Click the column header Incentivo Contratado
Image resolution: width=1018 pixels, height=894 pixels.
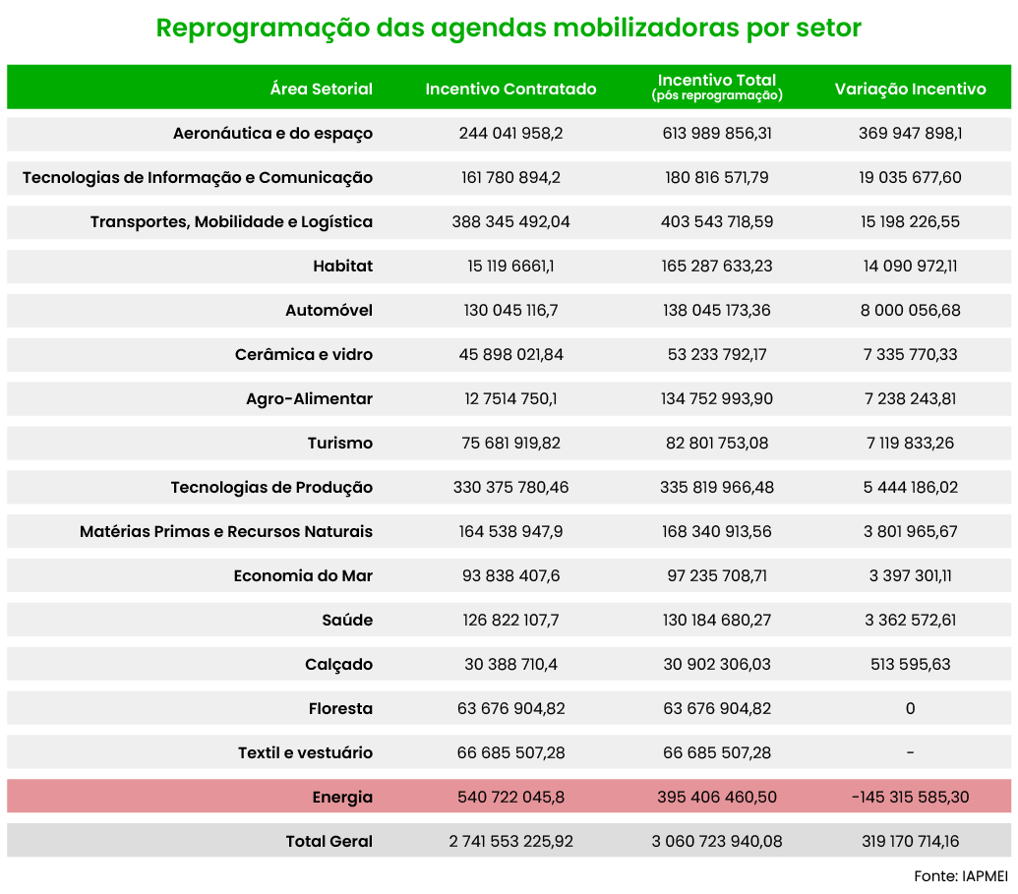(x=510, y=89)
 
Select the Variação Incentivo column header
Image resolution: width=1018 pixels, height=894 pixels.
(x=910, y=89)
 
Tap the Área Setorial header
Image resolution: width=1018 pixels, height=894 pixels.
(x=322, y=89)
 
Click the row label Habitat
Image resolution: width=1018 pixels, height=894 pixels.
(x=343, y=267)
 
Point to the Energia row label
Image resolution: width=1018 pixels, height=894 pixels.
(x=342, y=798)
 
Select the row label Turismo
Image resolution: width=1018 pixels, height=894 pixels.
(x=340, y=443)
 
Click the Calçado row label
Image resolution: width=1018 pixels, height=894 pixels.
(x=339, y=665)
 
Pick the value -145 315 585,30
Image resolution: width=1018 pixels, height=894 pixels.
(x=910, y=797)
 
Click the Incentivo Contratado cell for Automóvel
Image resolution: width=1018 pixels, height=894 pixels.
(x=510, y=311)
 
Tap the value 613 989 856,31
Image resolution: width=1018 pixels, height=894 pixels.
(x=717, y=133)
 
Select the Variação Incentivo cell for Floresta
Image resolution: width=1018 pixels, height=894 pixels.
(x=910, y=708)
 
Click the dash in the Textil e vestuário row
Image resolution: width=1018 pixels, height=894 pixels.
(x=910, y=752)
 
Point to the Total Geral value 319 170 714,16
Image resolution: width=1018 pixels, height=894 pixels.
(x=910, y=842)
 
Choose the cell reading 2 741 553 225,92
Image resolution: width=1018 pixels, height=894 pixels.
(x=510, y=842)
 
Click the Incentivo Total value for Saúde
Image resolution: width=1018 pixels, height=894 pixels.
(x=717, y=620)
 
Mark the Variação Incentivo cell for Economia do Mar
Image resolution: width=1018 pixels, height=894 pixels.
(x=910, y=576)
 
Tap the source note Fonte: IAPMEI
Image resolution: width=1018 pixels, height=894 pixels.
(x=961, y=876)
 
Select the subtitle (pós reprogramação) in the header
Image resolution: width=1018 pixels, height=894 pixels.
(x=717, y=95)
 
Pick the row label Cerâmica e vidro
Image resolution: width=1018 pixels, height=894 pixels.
(x=304, y=354)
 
